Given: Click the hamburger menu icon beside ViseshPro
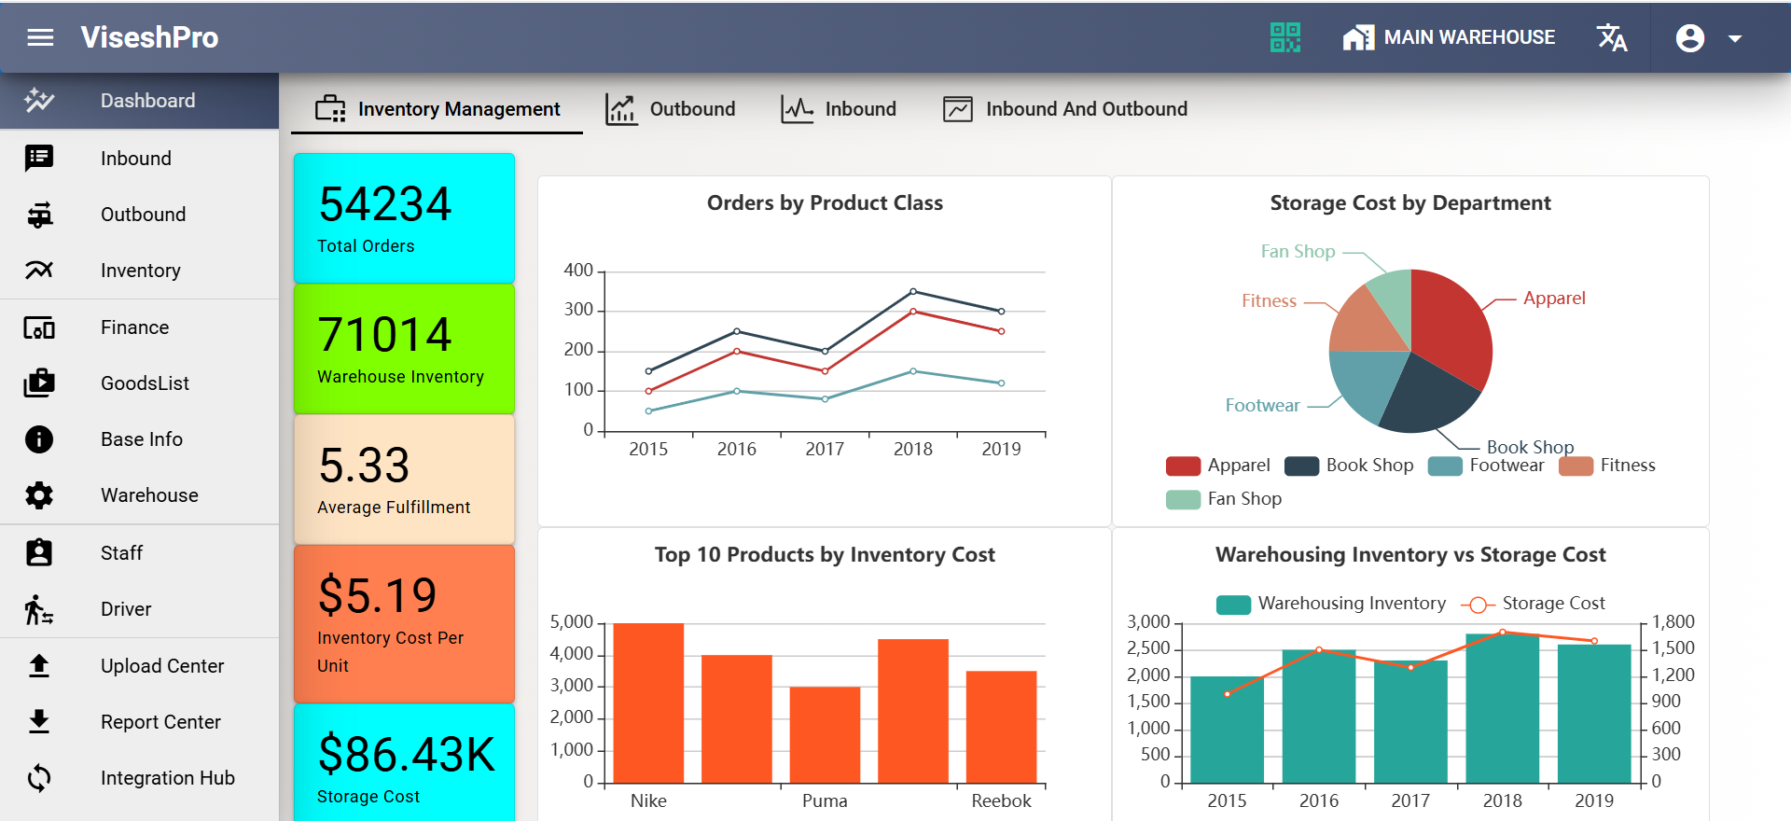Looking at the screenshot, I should (40, 37).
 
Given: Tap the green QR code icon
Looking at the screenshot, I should (1284, 37).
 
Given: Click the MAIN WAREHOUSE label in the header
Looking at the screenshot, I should (1468, 37).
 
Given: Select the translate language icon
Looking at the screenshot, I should (1612, 37).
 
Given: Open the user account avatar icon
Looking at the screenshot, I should (1689, 38).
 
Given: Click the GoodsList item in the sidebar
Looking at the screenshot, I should (145, 383).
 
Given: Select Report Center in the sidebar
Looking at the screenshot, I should (160, 722).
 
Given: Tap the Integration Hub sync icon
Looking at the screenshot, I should (39, 778).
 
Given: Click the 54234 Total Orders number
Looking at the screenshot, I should (384, 204).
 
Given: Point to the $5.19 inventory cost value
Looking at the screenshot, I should (377, 596).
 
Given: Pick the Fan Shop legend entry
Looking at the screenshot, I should (1224, 499).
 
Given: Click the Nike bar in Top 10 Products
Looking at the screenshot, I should (648, 704).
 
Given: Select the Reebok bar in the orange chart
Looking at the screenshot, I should (1001, 728).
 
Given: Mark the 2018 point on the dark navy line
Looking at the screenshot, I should (913, 292).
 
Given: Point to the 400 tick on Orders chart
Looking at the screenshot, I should (578, 271).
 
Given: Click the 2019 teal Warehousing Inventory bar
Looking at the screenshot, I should (1593, 714).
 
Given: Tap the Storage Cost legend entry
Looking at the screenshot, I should (1534, 604).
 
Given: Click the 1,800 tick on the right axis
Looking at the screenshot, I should (1673, 622).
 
